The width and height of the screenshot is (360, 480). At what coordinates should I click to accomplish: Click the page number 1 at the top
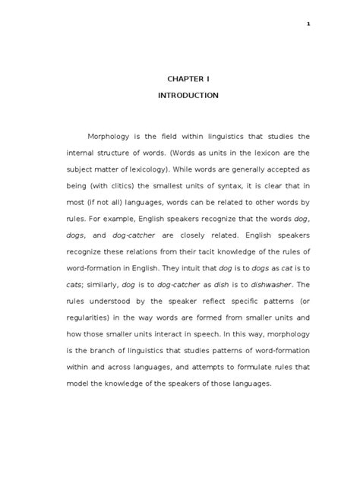[308, 24]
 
